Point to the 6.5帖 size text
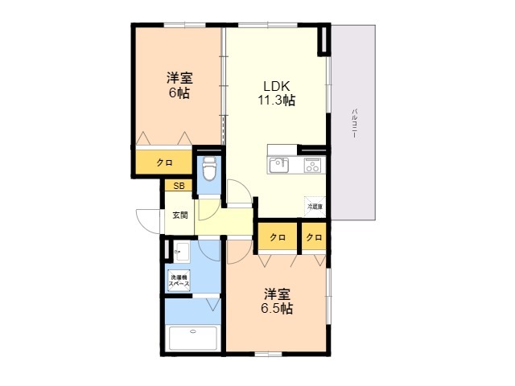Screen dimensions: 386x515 [276, 309]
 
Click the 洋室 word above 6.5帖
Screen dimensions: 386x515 [276, 294]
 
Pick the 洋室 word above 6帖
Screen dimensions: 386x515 [179, 78]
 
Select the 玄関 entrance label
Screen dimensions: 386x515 [179, 216]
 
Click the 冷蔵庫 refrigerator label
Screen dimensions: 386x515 [314, 207]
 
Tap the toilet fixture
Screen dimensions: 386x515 [208, 170]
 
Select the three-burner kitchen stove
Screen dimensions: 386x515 [312, 166]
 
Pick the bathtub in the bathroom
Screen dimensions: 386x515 [193, 338]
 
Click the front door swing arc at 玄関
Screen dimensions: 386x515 [149, 219]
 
